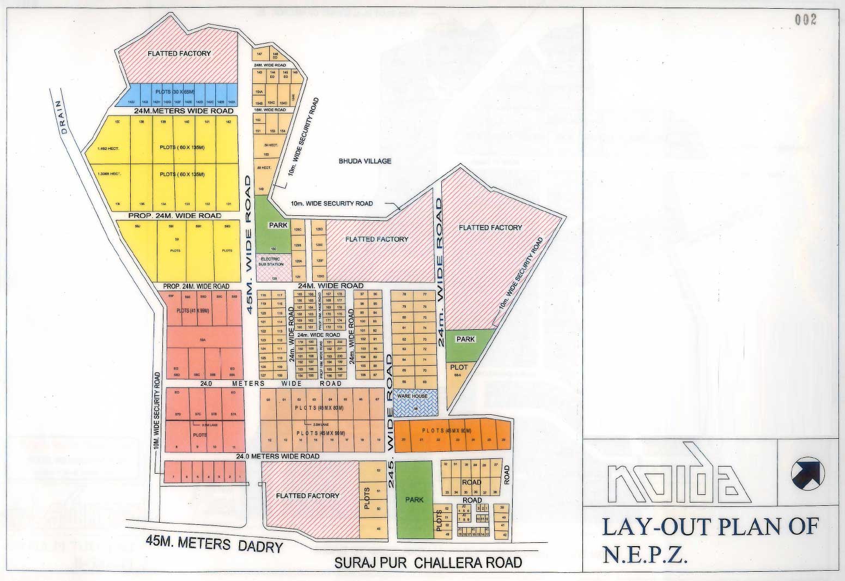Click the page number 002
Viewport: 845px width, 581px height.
(806, 21)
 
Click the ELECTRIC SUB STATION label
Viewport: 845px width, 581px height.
(271, 262)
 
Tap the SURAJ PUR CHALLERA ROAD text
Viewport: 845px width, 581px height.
(428, 562)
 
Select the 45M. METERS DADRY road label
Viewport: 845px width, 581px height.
(215, 543)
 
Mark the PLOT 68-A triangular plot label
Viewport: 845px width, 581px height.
(459, 370)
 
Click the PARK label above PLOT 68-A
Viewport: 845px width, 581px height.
(466, 339)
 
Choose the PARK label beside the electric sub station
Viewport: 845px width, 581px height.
(278, 225)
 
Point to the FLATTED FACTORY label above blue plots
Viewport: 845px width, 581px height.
(179, 53)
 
